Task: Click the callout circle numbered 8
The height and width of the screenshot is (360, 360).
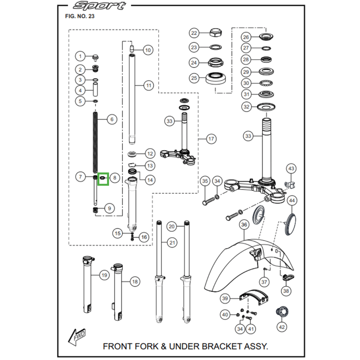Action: pos(115,178)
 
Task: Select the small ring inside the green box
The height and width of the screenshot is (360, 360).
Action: pos(103,177)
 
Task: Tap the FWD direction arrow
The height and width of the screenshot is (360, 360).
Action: pos(77,337)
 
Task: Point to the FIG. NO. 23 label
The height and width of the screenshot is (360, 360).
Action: pos(80,16)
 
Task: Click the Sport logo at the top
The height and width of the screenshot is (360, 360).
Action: pos(99,5)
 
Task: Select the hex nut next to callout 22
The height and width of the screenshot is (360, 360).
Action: pos(216,32)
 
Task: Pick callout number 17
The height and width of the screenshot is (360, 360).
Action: pos(211,139)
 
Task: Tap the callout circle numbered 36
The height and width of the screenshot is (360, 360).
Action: pos(244,225)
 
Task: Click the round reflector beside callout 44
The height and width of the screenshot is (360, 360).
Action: pos(290,225)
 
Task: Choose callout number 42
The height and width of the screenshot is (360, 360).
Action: pos(282,327)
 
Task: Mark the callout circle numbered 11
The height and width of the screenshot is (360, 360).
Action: pos(149,85)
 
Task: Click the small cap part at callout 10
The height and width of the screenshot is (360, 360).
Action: pos(132,49)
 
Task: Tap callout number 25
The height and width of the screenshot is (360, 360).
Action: pos(194,78)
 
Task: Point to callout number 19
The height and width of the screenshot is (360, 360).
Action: pos(104,275)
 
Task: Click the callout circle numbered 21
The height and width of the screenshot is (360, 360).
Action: pos(172,243)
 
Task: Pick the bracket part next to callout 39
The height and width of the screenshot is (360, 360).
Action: pos(254,297)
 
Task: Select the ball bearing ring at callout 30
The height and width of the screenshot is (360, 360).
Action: pos(266,83)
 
